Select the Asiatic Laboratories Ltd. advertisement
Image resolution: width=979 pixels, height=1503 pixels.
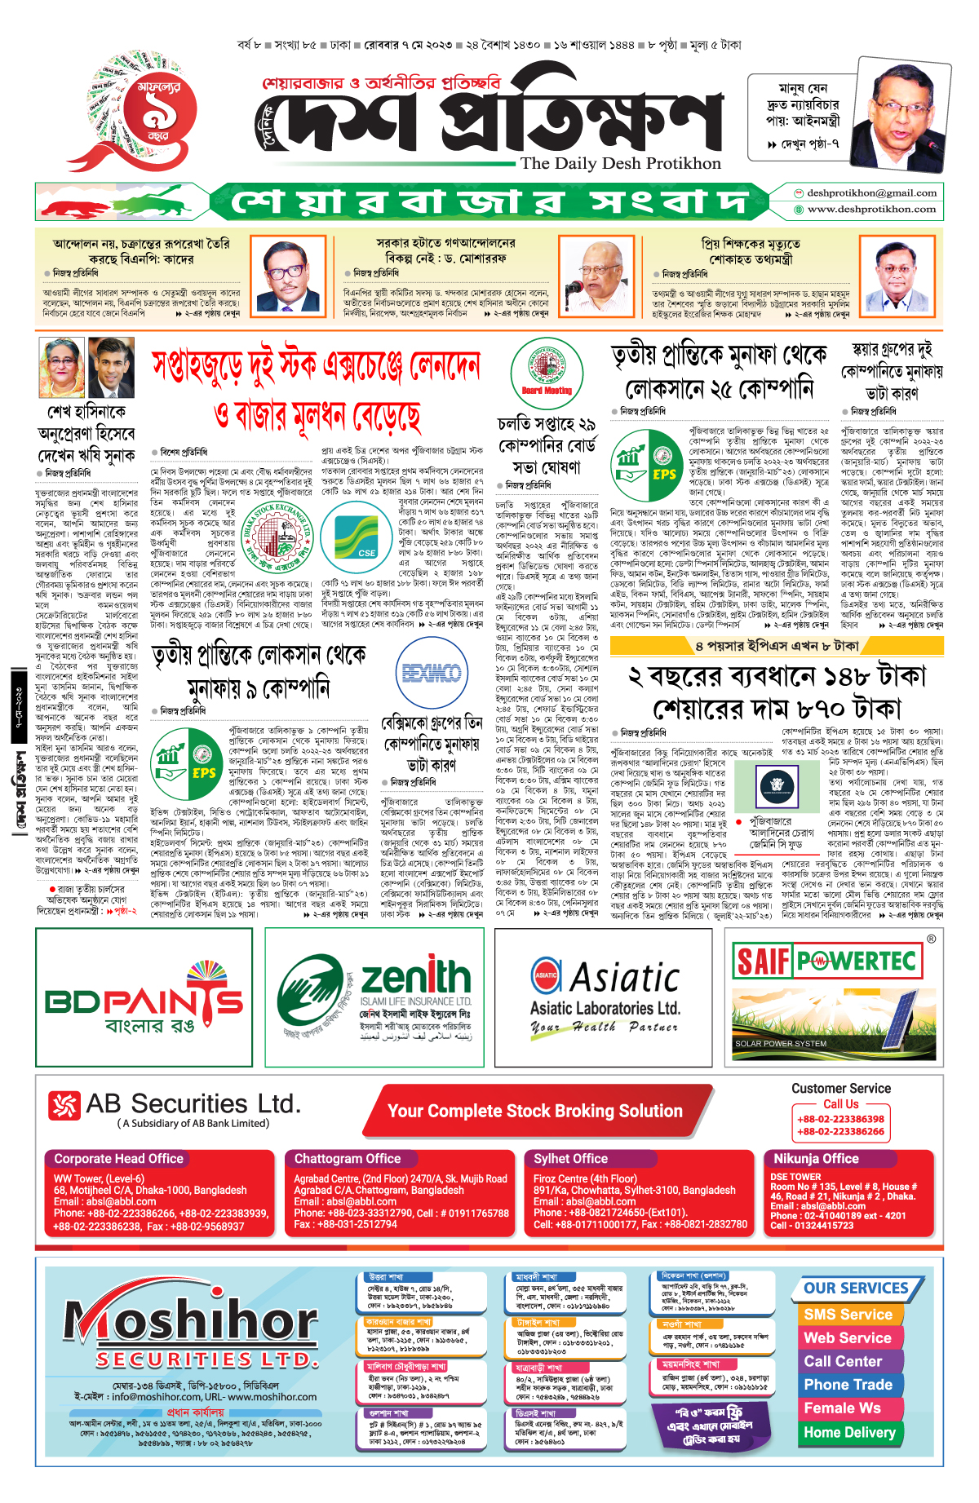pos(605,997)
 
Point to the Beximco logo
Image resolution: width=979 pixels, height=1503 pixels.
pos(432,673)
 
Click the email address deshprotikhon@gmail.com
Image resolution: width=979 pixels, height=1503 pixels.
pos(871,193)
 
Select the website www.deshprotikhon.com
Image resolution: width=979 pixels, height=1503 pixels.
pos(871,210)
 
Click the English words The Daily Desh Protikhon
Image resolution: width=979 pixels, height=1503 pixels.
pos(620,163)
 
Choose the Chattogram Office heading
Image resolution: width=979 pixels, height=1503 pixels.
pos(348,1158)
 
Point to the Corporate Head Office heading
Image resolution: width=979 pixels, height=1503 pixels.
pos(118,1158)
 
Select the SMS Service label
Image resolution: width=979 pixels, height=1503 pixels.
pos(848,1314)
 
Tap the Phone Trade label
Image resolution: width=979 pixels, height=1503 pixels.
pos(848,1384)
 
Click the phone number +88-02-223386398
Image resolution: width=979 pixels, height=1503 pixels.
pos(840,1119)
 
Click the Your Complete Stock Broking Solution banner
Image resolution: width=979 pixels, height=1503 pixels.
pos(534,1111)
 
